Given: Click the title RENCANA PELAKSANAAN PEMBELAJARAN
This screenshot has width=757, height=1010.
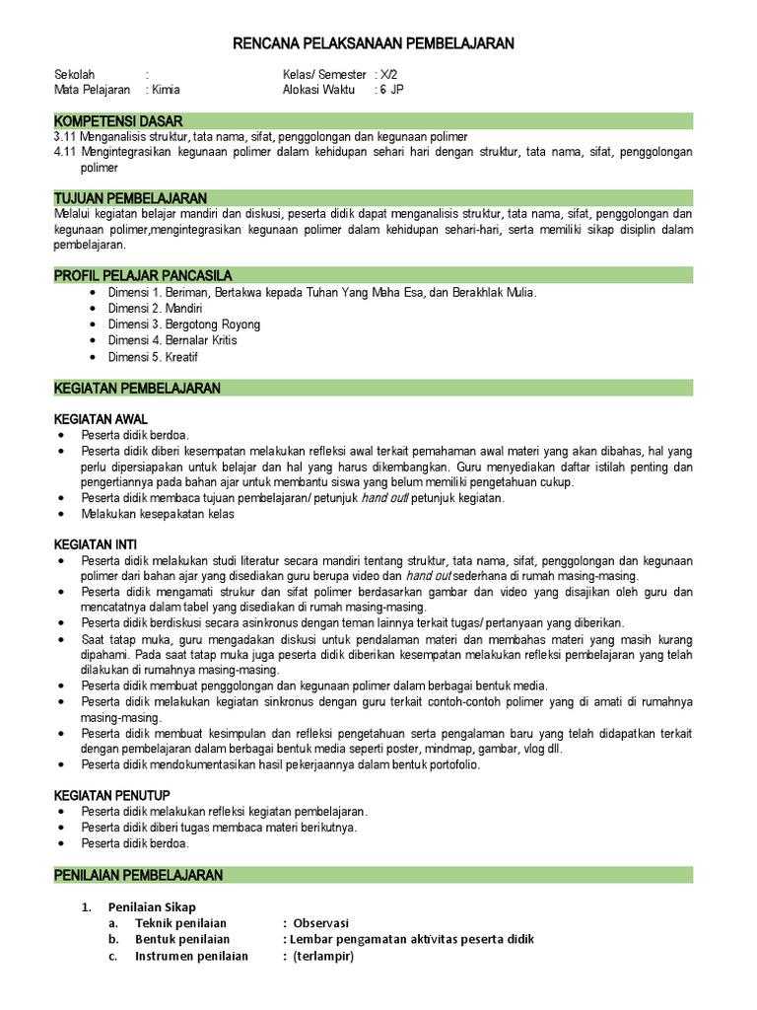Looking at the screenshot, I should (x=374, y=44).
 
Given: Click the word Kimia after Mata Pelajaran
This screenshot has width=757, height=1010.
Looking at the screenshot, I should (x=166, y=90).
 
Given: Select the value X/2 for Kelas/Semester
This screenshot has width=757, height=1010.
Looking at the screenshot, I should (x=391, y=74).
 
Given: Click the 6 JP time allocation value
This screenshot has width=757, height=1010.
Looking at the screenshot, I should (x=391, y=90).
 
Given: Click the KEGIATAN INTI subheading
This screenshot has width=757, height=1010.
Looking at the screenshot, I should (x=96, y=544).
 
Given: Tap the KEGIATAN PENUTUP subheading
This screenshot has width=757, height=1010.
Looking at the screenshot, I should (x=111, y=795).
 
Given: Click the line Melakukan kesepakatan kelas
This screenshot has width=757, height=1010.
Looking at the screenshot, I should (x=158, y=514).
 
